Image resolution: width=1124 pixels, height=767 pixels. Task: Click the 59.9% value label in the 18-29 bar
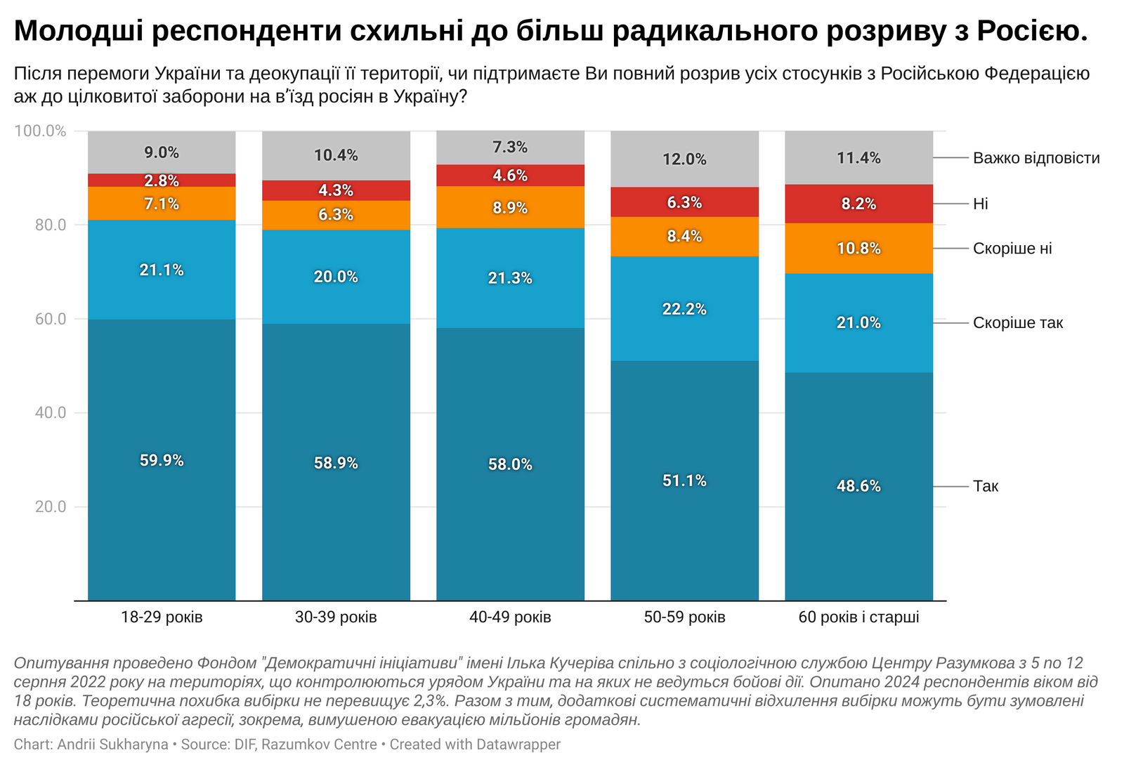coord(162,461)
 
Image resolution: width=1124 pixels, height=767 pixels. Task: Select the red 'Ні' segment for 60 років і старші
coord(858,204)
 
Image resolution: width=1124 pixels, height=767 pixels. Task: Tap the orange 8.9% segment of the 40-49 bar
coord(510,208)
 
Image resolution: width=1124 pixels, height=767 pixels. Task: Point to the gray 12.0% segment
coord(684,159)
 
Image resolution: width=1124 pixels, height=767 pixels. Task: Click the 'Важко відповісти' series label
coord(1036,158)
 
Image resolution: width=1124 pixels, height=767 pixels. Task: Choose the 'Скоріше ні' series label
coord(1012,249)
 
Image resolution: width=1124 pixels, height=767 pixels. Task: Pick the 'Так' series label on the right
coord(986,486)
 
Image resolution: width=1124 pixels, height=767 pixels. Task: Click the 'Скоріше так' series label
coord(1018,323)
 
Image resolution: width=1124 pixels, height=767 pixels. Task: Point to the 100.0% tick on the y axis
coord(41,131)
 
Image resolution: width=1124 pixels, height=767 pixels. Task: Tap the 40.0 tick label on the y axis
coord(51,413)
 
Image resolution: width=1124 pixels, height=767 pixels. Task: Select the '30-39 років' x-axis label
coord(336,617)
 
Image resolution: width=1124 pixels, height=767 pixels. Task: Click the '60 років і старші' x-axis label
coord(858,617)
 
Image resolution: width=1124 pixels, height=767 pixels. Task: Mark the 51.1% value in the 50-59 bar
coord(684,481)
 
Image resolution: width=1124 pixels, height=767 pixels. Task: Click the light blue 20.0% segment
coord(336,277)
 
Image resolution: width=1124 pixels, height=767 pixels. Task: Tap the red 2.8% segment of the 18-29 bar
coord(162,181)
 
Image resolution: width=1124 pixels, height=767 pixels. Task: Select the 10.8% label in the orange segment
coord(858,249)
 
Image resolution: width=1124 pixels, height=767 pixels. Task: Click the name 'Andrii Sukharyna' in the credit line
coord(113,745)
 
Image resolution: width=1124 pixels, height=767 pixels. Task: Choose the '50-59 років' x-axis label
coord(684,617)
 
